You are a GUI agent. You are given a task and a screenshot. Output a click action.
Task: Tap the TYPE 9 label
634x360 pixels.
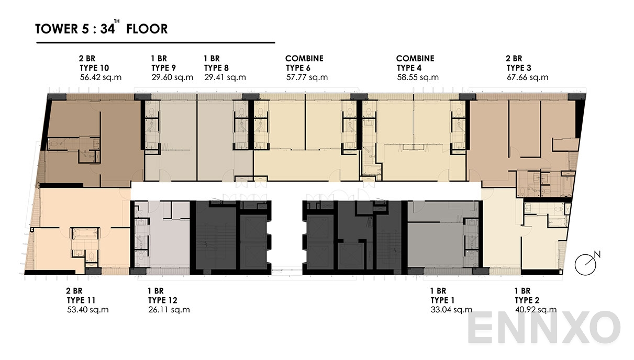(163, 68)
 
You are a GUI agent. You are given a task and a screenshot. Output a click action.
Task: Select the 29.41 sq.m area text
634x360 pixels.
(225, 77)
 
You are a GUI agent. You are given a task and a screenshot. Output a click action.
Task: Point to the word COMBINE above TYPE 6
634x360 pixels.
(304, 59)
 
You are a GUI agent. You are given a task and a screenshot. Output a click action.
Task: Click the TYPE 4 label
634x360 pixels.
(412, 68)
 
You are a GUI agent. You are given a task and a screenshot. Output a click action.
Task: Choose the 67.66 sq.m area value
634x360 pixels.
(527, 77)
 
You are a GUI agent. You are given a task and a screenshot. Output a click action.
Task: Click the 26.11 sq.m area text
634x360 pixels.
(169, 310)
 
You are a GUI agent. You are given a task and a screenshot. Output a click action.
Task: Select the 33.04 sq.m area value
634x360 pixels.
(451, 310)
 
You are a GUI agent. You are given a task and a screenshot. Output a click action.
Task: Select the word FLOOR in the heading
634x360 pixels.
(150, 29)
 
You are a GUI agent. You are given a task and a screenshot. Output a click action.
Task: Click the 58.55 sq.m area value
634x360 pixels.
(417, 77)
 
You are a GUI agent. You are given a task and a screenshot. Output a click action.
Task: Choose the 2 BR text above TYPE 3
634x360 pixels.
(514, 59)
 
